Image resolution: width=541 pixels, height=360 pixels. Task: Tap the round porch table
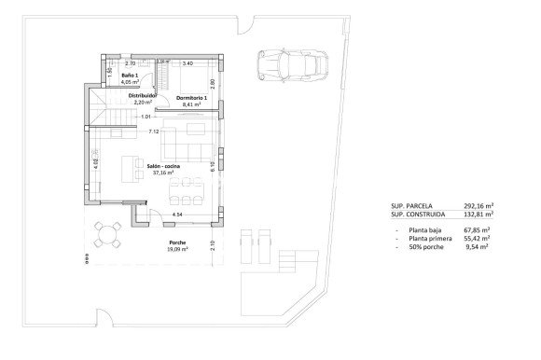(111, 232)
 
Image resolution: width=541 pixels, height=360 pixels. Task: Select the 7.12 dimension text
(154, 132)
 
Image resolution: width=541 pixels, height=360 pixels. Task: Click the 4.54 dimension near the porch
(176, 215)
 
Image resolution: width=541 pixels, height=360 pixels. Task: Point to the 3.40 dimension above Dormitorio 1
(187, 63)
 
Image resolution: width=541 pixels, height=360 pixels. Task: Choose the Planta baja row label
(423, 228)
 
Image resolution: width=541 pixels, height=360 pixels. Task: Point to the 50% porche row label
(423, 247)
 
